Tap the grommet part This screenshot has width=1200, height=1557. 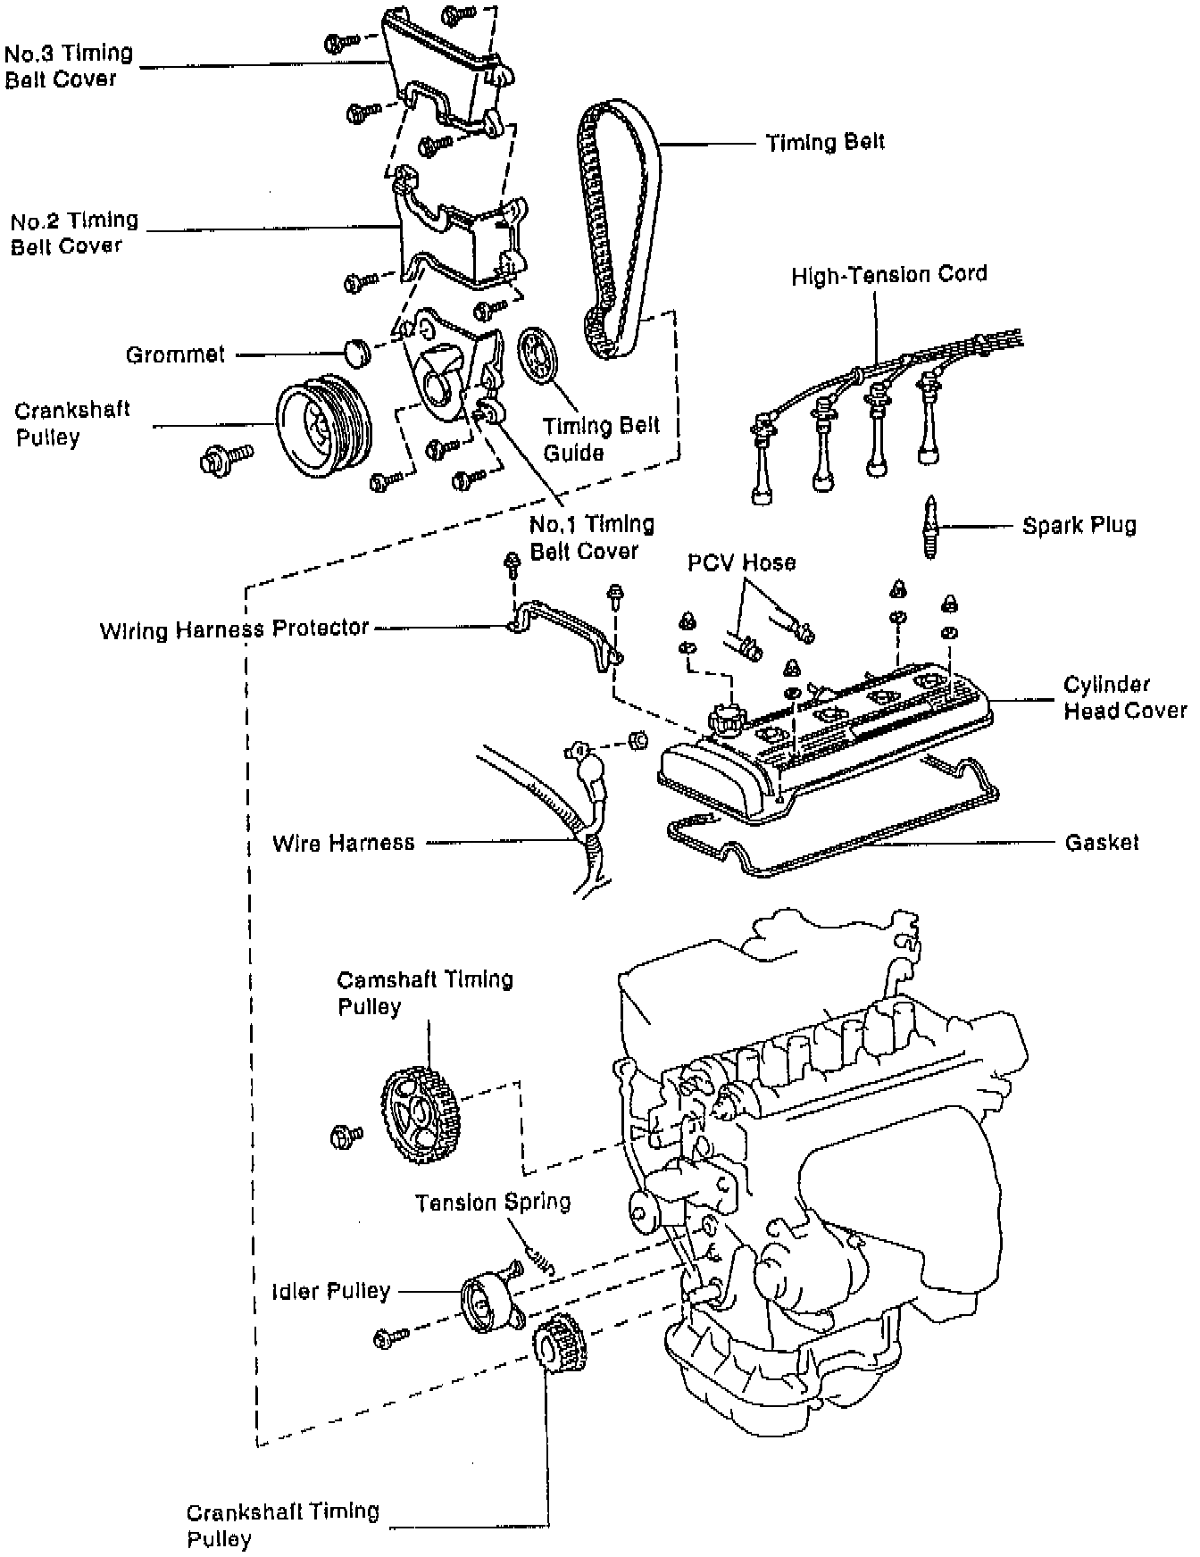point(358,351)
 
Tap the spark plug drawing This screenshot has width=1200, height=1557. point(930,526)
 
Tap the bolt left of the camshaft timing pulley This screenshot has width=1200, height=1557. point(346,1136)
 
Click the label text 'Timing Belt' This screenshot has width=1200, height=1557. point(825,143)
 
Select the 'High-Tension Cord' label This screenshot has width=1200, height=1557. point(888,274)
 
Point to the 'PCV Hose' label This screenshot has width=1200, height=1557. point(740,562)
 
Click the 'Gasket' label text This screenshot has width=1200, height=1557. point(1102,842)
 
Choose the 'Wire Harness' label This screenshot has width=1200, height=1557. point(344,842)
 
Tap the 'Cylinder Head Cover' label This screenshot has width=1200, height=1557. point(1124,697)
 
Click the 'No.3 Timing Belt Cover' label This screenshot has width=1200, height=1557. point(68,66)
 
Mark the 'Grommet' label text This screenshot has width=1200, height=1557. point(175,354)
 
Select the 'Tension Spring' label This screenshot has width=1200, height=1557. point(492,1202)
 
